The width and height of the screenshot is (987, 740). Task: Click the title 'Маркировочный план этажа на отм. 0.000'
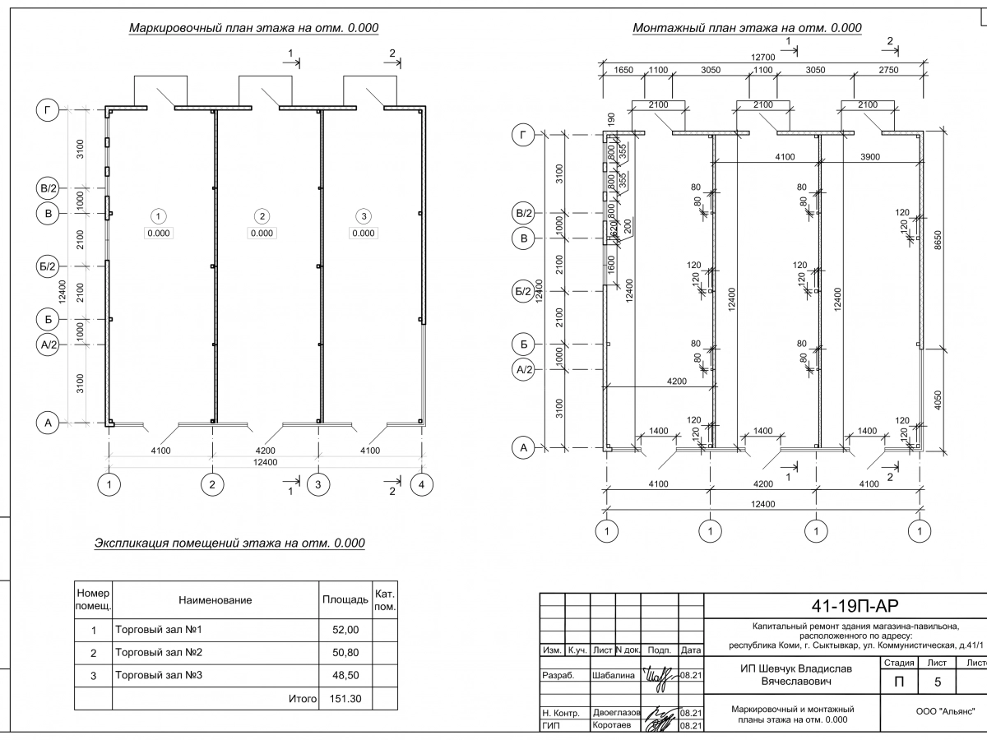tap(253, 28)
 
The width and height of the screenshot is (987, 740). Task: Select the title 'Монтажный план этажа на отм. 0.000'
tap(747, 28)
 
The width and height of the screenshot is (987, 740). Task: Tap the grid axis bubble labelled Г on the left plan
tap(48, 109)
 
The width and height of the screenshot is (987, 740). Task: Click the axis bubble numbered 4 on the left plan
tap(421, 485)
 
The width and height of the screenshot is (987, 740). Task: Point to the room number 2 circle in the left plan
tap(262, 216)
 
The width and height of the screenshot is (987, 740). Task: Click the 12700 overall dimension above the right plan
tap(763, 58)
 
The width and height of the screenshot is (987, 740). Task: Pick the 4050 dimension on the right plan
tap(938, 400)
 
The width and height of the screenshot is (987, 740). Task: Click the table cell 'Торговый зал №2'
tap(160, 653)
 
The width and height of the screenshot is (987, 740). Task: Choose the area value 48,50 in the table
tap(345, 676)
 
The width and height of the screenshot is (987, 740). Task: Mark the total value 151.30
tap(345, 699)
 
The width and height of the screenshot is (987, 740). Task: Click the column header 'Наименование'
tap(215, 601)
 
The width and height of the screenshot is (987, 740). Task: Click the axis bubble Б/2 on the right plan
tap(524, 291)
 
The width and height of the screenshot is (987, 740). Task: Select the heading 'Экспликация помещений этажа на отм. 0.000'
tap(229, 543)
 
